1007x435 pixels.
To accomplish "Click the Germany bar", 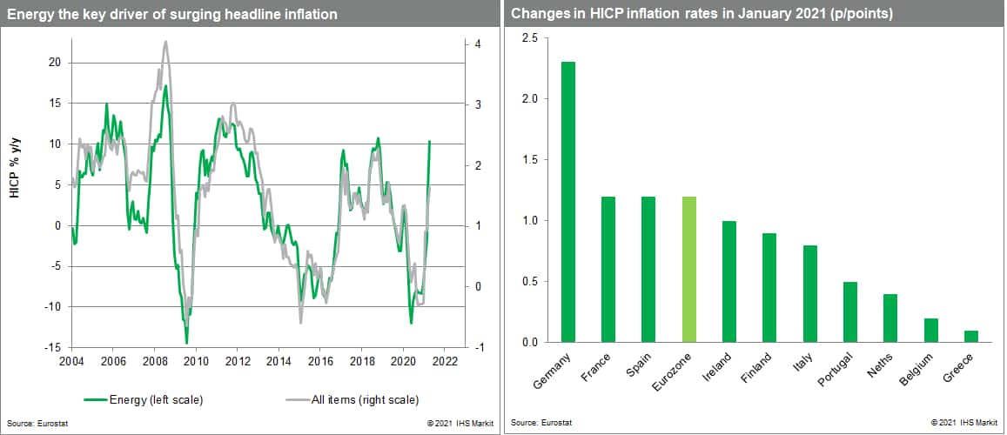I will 568,202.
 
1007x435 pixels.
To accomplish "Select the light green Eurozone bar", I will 689,269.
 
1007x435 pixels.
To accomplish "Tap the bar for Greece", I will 971,336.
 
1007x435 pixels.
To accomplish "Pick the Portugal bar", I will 850,311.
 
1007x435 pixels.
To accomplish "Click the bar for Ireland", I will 729,281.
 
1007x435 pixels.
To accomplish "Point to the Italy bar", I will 810,293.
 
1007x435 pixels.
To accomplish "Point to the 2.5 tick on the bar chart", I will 529,38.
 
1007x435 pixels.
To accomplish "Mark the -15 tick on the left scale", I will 53,347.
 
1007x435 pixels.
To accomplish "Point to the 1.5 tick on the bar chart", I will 529,160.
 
